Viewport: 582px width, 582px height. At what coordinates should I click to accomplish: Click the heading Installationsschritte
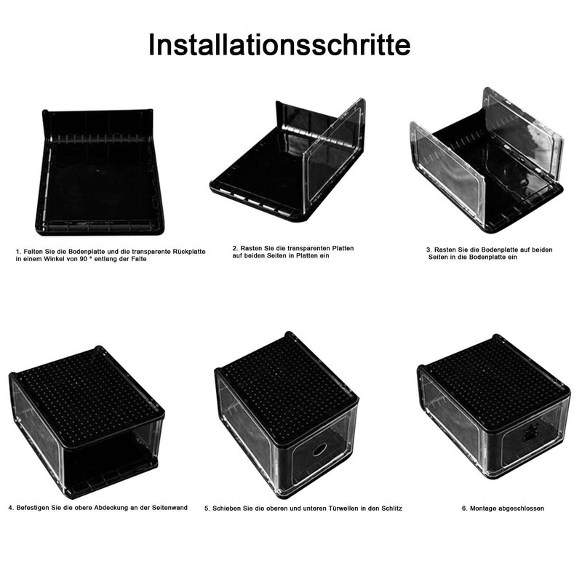tap(279, 44)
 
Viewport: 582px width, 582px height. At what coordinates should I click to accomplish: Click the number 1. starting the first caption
tap(17, 251)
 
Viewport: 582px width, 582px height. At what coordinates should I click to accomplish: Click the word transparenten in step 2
tap(300, 248)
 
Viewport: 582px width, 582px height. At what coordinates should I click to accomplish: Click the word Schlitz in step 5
tap(390, 509)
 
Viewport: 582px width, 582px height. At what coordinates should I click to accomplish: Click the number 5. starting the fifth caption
tap(207, 509)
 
